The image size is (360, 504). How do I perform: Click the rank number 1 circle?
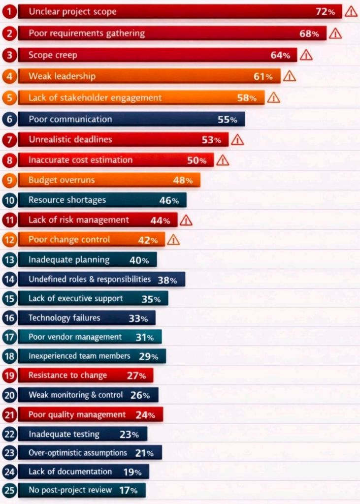[9, 12]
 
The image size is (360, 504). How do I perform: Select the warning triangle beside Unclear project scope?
[351, 12]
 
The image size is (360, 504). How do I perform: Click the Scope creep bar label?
[53, 55]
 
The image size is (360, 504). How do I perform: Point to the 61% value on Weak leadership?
[262, 76]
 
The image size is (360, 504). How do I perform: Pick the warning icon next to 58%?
[273, 98]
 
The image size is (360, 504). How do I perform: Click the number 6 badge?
[9, 120]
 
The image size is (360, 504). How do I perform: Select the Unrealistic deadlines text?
[70, 140]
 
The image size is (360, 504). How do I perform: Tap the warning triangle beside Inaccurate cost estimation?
[223, 160]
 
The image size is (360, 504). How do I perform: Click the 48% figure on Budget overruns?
[183, 180]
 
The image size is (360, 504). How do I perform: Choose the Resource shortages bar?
[102, 200]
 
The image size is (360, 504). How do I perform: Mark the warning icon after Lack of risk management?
[186, 221]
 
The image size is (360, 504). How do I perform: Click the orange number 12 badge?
[9, 240]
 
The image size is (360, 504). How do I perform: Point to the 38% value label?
[167, 280]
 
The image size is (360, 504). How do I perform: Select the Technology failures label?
[64, 318]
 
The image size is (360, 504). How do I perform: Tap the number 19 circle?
[9, 376]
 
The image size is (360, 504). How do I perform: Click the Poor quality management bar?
[90, 415]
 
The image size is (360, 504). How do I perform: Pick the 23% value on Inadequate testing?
[129, 435]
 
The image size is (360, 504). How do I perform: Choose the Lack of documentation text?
[70, 472]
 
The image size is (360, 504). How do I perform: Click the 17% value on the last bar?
[128, 490]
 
